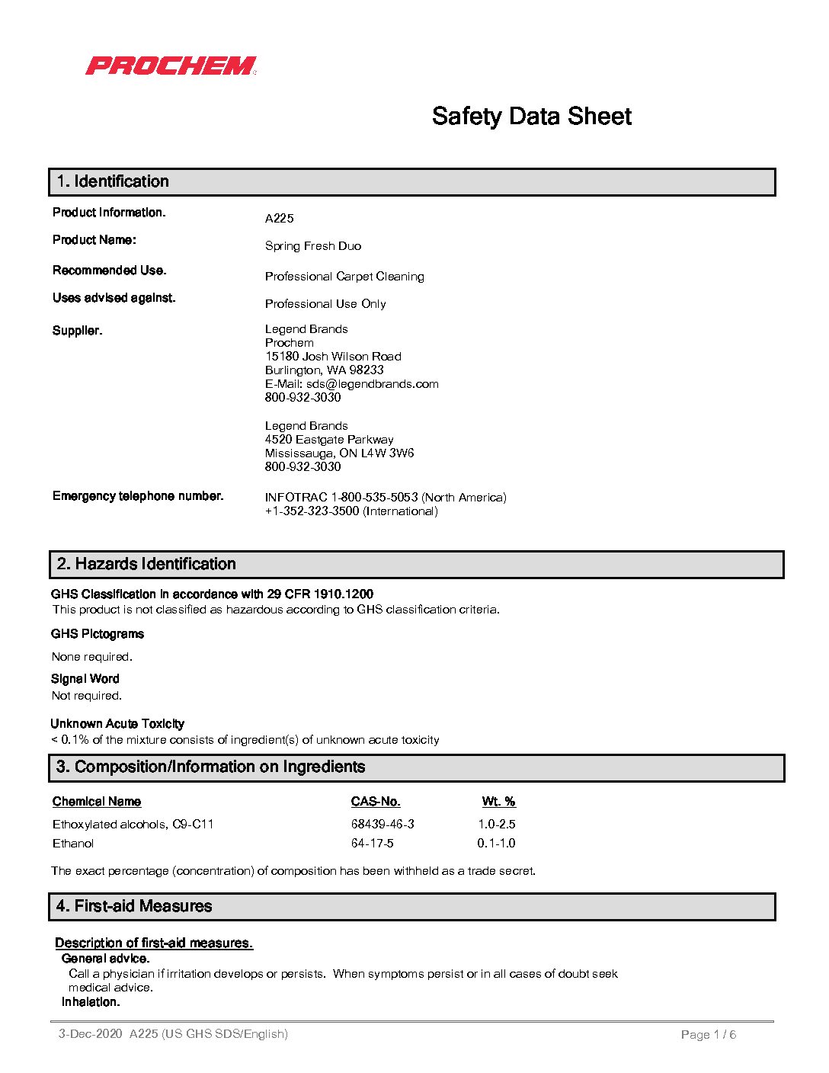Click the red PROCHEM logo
click(171, 66)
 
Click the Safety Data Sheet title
click(531, 117)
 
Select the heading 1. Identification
click(113, 181)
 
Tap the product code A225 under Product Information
click(279, 219)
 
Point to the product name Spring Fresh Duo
click(313, 246)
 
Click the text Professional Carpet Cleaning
click(344, 277)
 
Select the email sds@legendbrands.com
click(373, 384)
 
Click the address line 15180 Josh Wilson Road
click(333, 357)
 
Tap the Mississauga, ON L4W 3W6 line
click(339, 453)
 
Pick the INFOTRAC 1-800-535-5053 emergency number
click(341, 498)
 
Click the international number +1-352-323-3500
click(312, 511)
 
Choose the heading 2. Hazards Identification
click(146, 564)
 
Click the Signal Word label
click(85, 679)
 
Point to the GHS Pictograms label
click(98, 634)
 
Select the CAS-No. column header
click(376, 802)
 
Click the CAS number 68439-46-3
click(382, 825)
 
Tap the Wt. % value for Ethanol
click(496, 844)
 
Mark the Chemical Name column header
click(97, 802)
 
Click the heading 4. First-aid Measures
click(134, 906)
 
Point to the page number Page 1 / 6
click(708, 1035)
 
